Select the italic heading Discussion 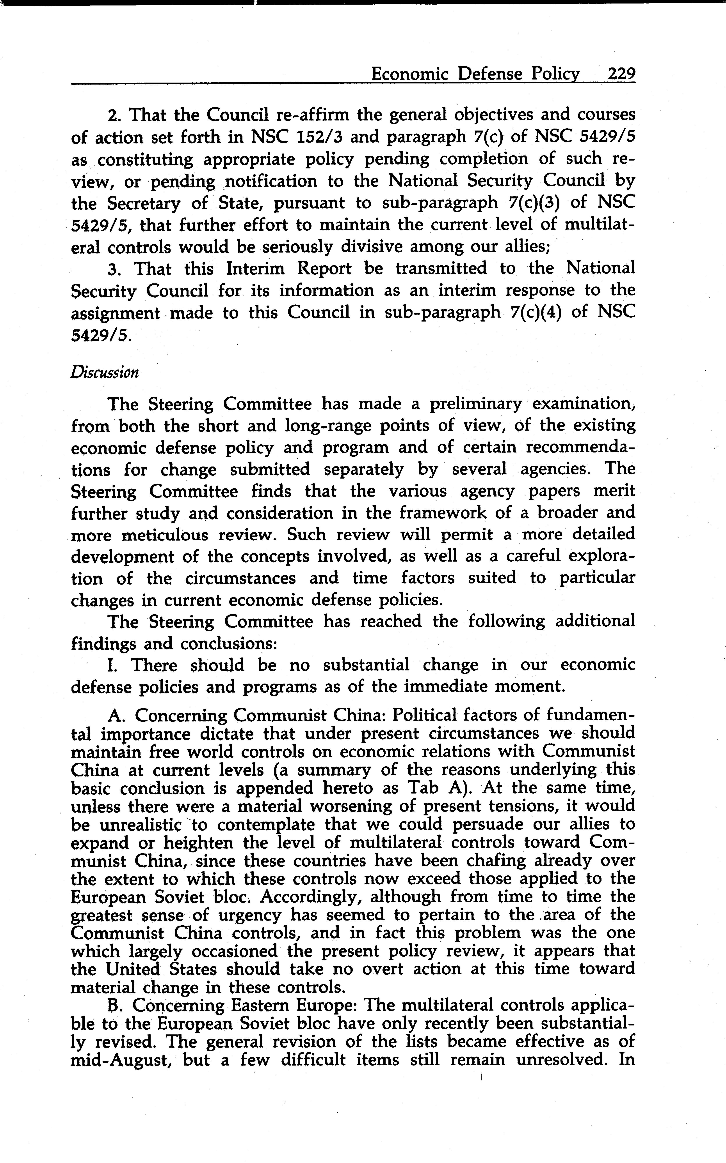[x=105, y=373]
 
